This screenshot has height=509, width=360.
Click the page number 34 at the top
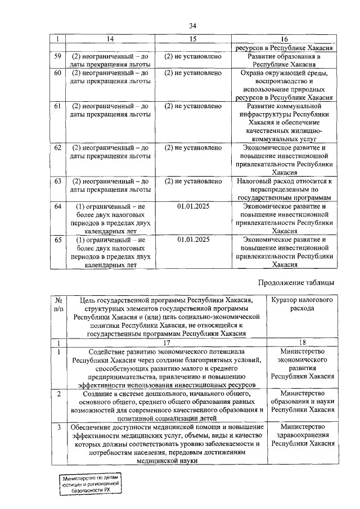click(x=193, y=26)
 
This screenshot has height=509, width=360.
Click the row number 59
click(x=57, y=57)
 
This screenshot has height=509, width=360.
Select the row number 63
click(x=57, y=181)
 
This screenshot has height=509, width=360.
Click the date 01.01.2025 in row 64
click(x=193, y=206)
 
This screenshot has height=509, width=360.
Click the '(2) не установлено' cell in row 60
click(x=193, y=73)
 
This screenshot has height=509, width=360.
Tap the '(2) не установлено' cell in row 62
click(x=193, y=148)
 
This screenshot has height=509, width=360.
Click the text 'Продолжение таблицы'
click(x=296, y=282)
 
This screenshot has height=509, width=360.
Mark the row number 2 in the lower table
click(x=58, y=393)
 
